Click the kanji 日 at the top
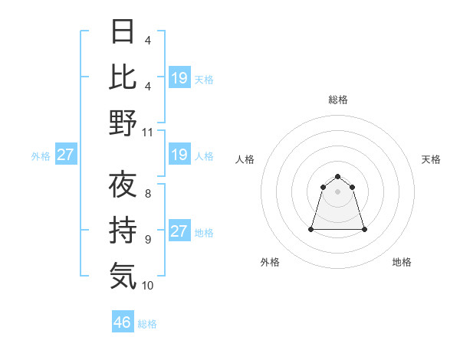pos(123,32)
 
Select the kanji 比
pos(123,77)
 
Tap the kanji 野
pos(123,123)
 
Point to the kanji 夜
pos(123,186)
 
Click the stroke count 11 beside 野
pos(148,132)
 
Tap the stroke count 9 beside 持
pos(148,240)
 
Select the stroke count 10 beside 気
pos(148,285)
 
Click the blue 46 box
pos(123,322)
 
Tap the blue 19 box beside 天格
pos(179,78)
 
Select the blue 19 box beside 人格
pos(179,155)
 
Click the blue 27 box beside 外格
pos(65,155)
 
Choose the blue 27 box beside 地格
pos(179,231)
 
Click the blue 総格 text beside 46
pos(147,324)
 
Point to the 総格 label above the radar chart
pos(337,100)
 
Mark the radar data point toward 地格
pos(363,229)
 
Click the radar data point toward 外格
pos(311,229)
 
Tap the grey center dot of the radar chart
pos(337,191)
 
